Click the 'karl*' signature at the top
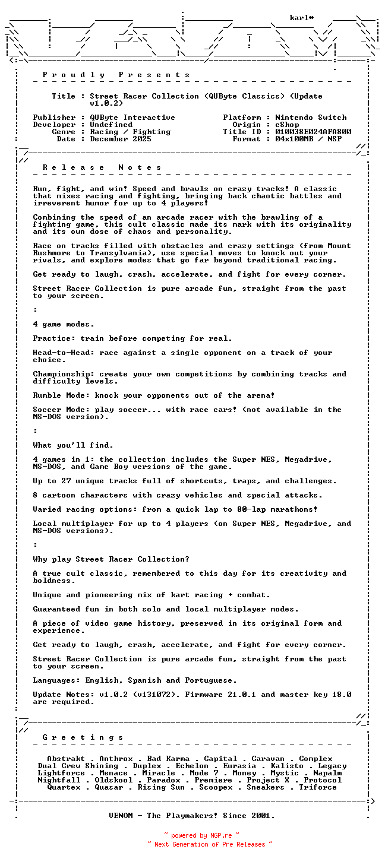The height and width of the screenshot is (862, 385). pyautogui.click(x=302, y=18)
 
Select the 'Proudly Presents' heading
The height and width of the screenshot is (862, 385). pyautogui.click(x=116, y=75)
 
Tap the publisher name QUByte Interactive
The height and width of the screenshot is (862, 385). pyautogui.click(x=132, y=118)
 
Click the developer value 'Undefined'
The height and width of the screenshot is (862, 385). pyautogui.click(x=111, y=125)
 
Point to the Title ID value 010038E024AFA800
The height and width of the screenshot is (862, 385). pyautogui.click(x=313, y=132)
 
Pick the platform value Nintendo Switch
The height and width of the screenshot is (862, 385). pyautogui.click(x=311, y=118)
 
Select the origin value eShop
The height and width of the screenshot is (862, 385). pyautogui.click(x=287, y=125)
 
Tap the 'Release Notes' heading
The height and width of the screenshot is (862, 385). pyautogui.click(x=116, y=167)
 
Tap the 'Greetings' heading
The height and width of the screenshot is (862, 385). pyautogui.click(x=83, y=737)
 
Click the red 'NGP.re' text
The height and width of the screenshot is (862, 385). pyautogui.click(x=221, y=835)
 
